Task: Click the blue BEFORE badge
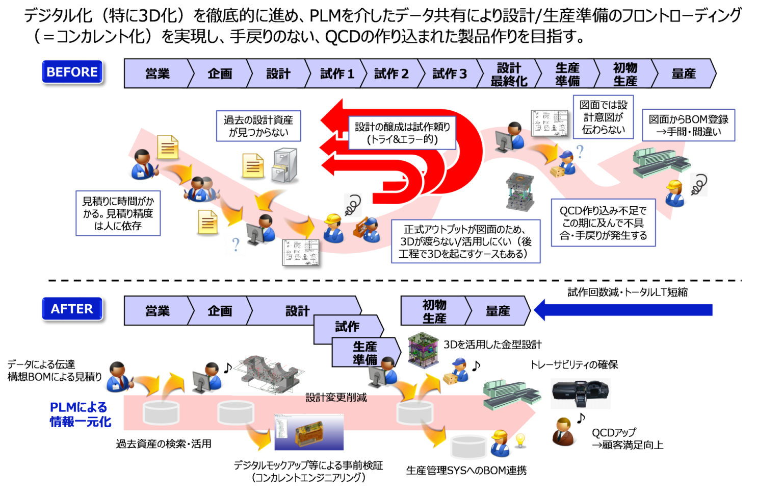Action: point(72,72)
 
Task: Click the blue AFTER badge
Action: point(72,309)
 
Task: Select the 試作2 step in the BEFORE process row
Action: point(391,74)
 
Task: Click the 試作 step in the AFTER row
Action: point(347,327)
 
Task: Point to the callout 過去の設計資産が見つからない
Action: point(258,126)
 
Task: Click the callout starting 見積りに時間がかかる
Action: point(118,214)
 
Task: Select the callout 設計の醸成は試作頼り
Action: point(402,133)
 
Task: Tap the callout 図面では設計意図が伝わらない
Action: point(603,117)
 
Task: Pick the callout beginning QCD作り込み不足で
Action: point(603,223)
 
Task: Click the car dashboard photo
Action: point(581,394)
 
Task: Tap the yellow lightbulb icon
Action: point(519,439)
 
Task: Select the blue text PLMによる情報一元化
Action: point(80,414)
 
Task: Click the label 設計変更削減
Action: point(336,398)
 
